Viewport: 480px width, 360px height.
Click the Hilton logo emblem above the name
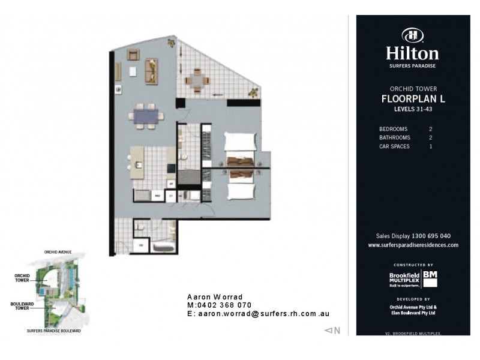[412, 35]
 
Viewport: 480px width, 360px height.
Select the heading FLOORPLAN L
[412, 99]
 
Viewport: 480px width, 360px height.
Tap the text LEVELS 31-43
[412, 109]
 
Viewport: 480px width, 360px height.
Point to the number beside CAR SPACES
[430, 146]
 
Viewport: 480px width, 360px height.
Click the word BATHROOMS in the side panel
[395, 137]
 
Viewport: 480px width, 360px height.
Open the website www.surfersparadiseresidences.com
[413, 245]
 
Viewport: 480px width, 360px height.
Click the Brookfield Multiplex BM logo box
[430, 278]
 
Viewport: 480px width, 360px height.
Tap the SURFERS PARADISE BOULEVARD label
[54, 331]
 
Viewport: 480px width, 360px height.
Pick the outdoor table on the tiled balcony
[197, 79]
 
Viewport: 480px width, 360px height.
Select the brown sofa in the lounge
[151, 70]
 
